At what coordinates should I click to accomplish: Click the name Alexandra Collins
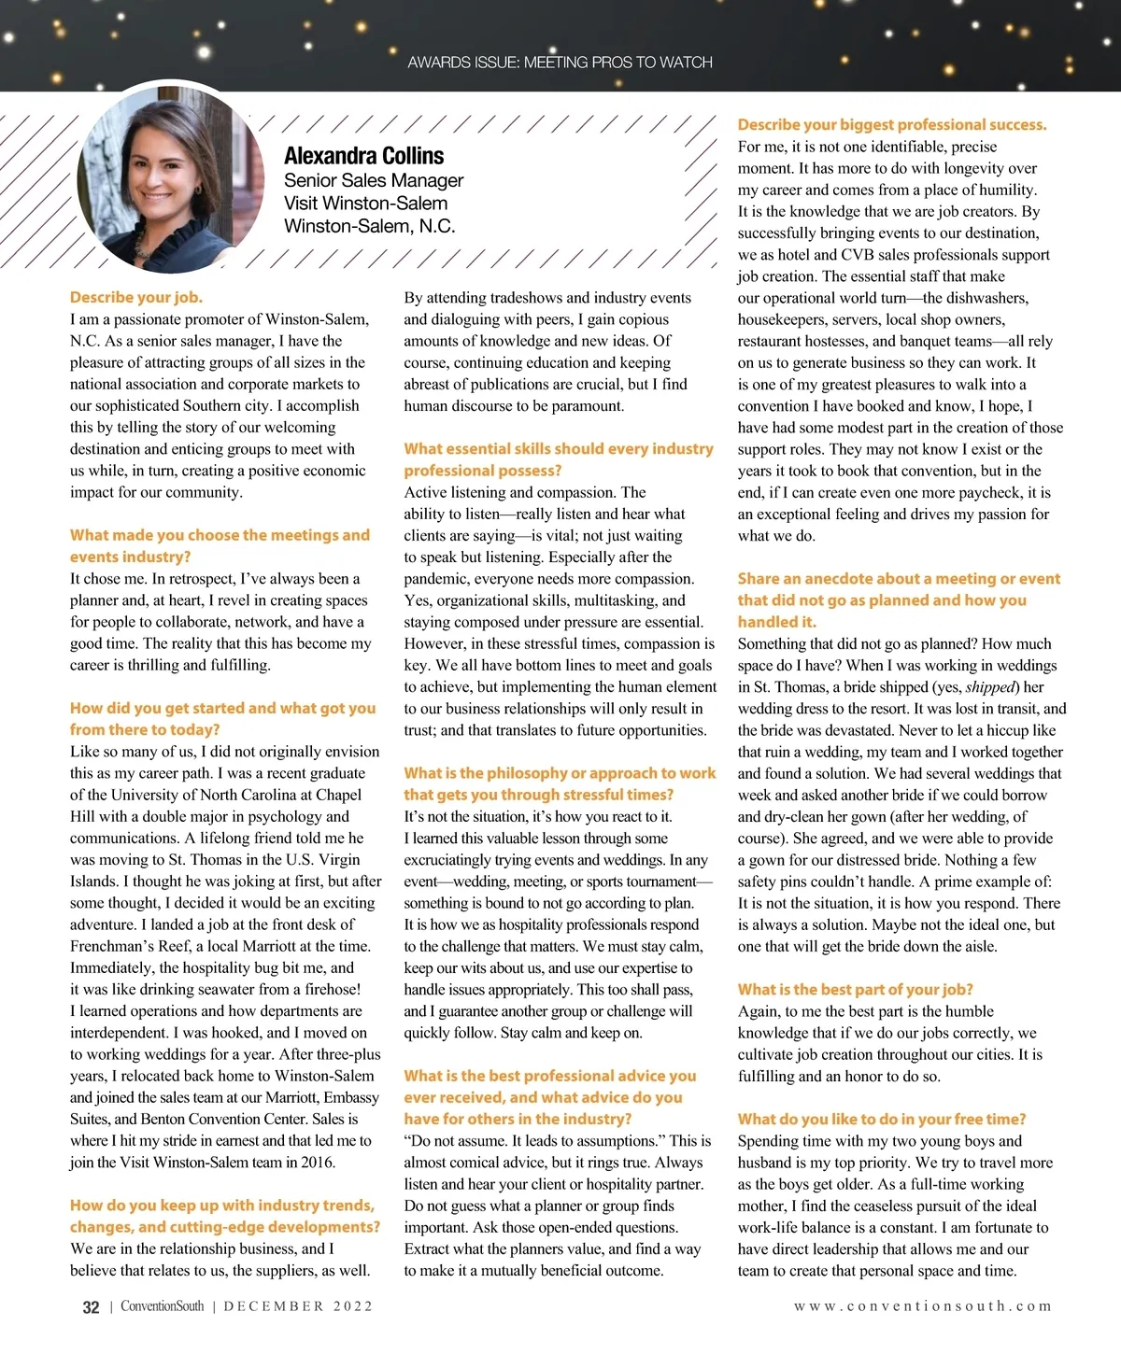coord(363,156)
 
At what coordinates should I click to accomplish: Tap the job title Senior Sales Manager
coord(374,180)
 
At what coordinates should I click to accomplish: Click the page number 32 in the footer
coord(91,1307)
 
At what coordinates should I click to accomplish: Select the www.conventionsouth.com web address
coord(922,1306)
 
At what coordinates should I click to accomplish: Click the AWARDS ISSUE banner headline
coord(560,63)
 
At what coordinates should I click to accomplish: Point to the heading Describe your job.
coord(136,297)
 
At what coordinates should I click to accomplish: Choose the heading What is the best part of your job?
coord(855,989)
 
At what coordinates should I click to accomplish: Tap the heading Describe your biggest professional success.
coord(892,124)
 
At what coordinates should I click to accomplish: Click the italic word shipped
coord(991,687)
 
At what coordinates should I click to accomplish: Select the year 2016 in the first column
coord(317,1163)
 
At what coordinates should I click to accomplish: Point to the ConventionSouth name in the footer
coord(162,1306)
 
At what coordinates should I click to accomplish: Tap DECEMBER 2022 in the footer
coord(298,1306)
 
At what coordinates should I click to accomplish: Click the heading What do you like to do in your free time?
coord(882,1119)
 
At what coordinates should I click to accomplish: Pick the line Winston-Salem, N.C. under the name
coord(369,226)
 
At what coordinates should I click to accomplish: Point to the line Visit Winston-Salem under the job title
coord(365,204)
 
